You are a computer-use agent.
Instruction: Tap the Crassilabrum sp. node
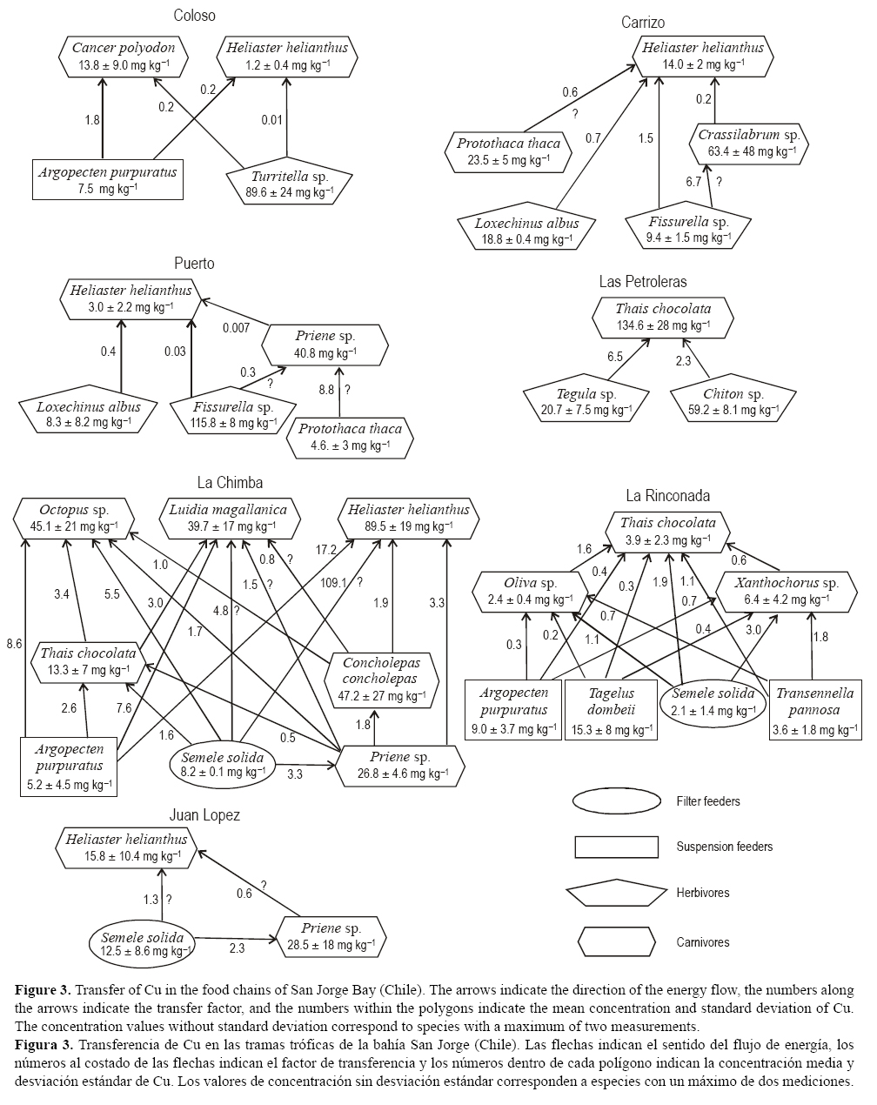[x=749, y=144]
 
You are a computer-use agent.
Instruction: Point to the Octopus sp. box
[x=74, y=518]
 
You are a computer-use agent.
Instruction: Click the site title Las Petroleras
[x=642, y=281]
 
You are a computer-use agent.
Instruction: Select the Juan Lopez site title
[x=204, y=815]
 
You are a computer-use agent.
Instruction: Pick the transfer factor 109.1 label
[x=333, y=583]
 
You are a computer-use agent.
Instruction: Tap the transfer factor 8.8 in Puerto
[x=326, y=391]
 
